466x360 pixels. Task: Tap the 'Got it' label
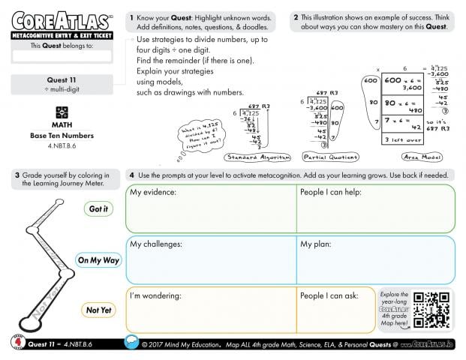click(98, 209)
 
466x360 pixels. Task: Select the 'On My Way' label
click(98, 260)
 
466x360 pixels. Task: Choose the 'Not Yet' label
click(98, 310)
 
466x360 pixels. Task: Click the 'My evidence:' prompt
click(153, 193)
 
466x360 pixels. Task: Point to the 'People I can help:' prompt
click(331, 193)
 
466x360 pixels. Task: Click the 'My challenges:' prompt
click(156, 244)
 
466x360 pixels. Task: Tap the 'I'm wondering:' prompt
click(156, 295)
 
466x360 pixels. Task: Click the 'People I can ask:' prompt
click(329, 295)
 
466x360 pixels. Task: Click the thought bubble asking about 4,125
click(198, 135)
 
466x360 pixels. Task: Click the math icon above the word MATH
click(62, 112)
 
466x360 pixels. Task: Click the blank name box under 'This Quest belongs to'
click(62, 56)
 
